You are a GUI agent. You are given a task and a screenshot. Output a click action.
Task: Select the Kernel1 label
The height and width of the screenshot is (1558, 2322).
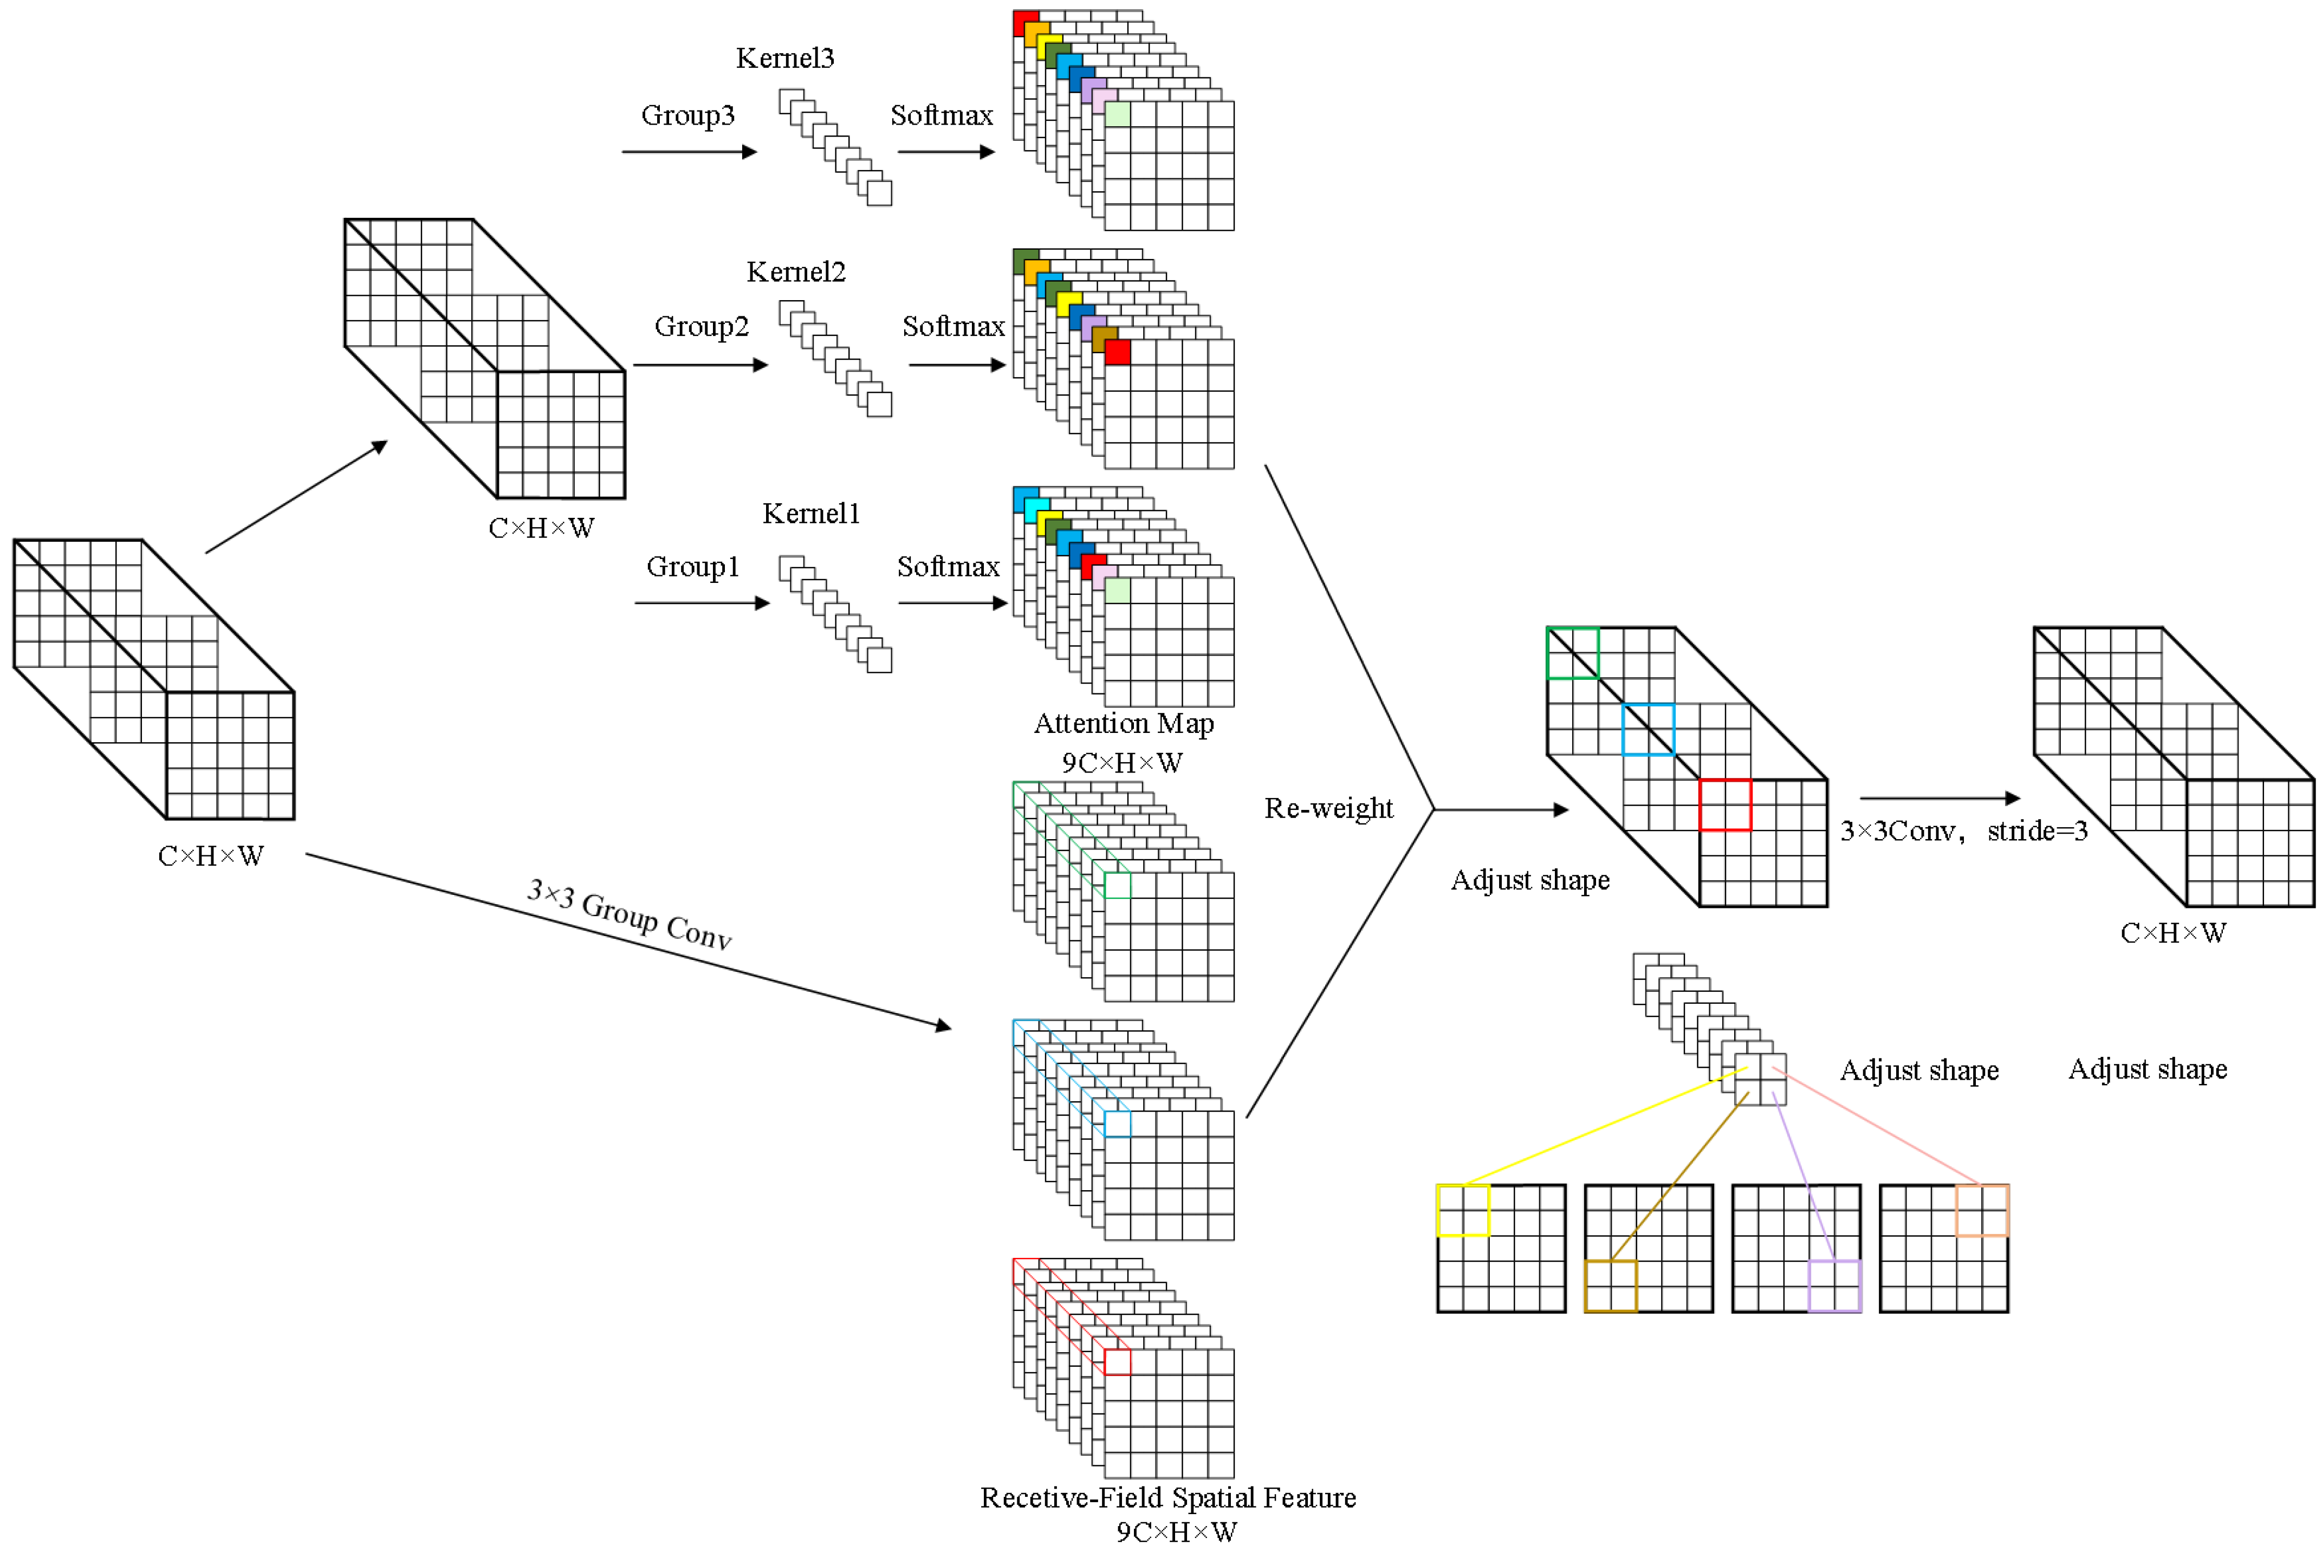coord(811,514)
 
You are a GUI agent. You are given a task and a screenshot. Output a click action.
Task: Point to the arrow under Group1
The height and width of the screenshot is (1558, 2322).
coord(702,603)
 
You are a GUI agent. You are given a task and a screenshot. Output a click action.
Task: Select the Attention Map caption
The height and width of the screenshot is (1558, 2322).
coord(1124,723)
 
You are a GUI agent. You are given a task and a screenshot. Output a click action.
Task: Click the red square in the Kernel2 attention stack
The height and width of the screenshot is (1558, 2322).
coord(1117,352)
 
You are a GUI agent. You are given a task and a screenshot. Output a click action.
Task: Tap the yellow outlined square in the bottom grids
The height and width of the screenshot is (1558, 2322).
coord(1463,1210)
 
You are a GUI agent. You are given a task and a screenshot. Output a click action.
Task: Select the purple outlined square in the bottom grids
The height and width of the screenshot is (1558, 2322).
coord(1834,1286)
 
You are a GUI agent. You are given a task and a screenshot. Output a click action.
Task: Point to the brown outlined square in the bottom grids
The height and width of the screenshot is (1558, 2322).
coord(1610,1286)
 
